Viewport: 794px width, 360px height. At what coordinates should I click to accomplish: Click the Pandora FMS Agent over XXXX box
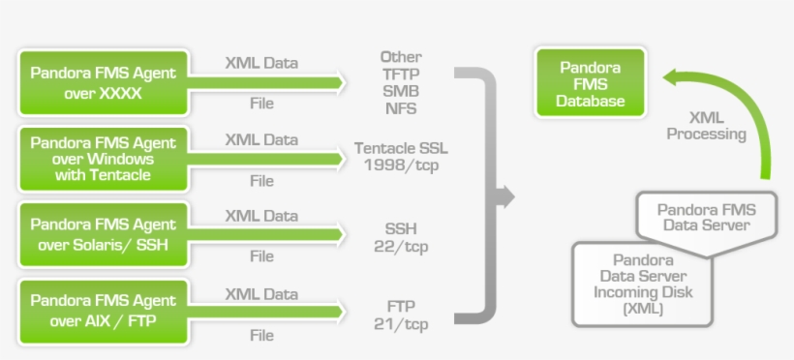coord(103,83)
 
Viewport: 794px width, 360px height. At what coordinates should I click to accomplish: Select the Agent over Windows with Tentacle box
coord(103,159)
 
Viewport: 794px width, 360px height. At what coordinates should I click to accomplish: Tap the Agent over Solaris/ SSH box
coord(103,234)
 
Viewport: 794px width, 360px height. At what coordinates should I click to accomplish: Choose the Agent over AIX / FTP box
coord(103,311)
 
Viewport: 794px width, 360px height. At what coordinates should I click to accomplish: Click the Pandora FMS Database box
coord(591,83)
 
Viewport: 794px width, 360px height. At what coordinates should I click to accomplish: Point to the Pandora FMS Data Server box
coord(707,217)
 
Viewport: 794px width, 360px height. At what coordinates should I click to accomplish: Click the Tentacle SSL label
coord(401,148)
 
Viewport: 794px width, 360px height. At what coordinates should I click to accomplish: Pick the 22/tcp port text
coord(401,247)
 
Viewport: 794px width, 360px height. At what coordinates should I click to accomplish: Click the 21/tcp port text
coord(401,323)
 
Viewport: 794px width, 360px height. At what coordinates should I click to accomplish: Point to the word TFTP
coord(401,74)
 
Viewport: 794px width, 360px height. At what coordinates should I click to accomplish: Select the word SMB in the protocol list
coord(401,91)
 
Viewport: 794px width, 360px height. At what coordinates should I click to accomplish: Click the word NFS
coord(401,108)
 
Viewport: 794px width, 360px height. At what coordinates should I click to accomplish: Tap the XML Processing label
coord(707,126)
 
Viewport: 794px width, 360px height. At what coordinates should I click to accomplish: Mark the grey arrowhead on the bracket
coord(503,197)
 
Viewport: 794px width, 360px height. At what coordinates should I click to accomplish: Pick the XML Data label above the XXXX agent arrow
coord(261,63)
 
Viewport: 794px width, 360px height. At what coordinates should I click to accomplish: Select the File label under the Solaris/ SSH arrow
coord(261,256)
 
